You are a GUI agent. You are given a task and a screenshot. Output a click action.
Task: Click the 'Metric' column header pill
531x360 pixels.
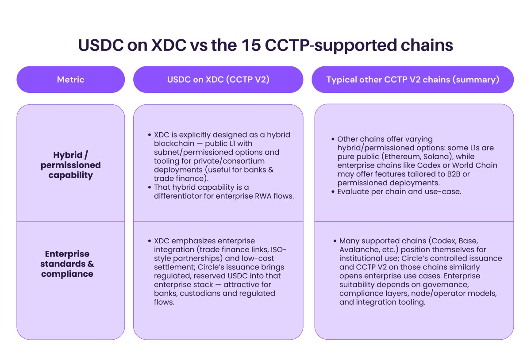point(70,80)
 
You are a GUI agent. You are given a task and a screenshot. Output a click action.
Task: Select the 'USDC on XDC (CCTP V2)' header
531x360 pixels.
point(218,80)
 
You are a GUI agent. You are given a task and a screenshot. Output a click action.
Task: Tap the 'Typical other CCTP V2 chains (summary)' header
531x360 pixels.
point(412,80)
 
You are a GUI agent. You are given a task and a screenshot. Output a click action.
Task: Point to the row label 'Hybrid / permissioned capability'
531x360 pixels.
point(70,165)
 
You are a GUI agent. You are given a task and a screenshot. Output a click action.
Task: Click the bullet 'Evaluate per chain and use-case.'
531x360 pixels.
point(399,191)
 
